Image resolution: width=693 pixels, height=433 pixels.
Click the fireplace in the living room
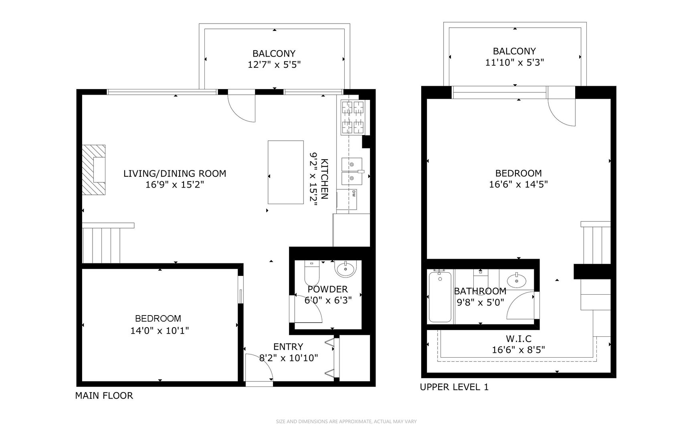(x=94, y=170)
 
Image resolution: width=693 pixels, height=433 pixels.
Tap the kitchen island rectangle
(x=285, y=172)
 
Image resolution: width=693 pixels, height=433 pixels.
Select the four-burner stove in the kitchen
(x=353, y=117)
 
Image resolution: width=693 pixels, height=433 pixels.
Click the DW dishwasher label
(x=354, y=193)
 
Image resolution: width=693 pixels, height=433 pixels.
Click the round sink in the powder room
(x=345, y=269)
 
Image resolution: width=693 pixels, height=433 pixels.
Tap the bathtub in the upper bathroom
(x=440, y=297)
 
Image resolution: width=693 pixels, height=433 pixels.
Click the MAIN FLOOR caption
(x=104, y=396)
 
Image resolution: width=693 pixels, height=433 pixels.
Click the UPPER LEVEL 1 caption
(x=454, y=387)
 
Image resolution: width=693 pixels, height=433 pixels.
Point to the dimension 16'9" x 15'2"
(x=175, y=185)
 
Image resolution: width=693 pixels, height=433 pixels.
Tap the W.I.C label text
(x=518, y=339)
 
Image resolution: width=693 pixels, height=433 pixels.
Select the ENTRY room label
(x=288, y=347)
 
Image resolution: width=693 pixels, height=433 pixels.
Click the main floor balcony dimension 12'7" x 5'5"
(x=274, y=65)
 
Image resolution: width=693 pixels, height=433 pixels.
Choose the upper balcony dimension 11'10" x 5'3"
(x=514, y=63)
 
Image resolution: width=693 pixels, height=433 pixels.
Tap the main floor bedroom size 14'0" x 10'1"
(x=160, y=330)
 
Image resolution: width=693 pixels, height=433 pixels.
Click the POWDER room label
(x=327, y=289)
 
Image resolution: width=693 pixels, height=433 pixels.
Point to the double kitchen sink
(x=352, y=171)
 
